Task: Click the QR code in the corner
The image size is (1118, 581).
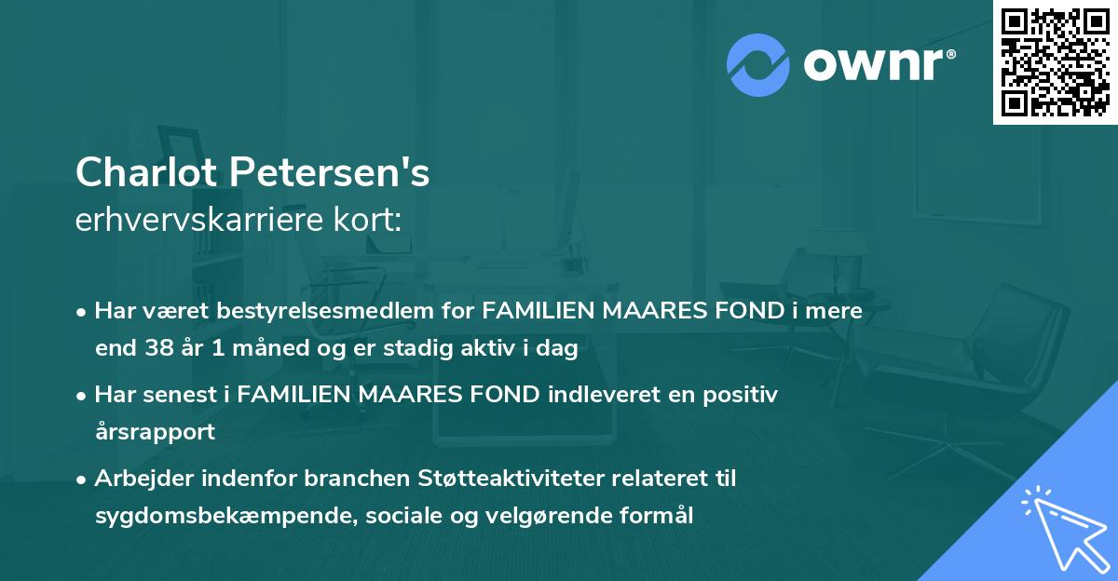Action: pos(1055,62)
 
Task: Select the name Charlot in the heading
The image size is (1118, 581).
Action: pos(144,172)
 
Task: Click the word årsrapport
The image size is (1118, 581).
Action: pos(155,432)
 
